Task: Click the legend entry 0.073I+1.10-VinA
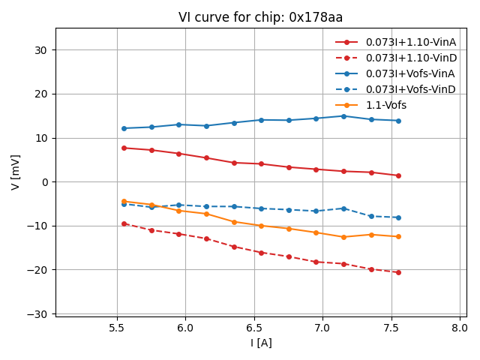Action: tap(411, 42)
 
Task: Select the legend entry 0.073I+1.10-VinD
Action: tap(411, 58)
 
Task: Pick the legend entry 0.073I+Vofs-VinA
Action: tap(410, 73)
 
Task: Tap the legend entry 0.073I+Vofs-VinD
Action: tap(410, 89)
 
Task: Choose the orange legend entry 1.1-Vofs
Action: tap(386, 105)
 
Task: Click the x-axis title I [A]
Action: tap(261, 343)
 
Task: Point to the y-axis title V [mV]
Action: tap(16, 172)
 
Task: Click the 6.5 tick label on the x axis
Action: tap(254, 328)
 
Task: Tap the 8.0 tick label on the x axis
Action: tap(460, 328)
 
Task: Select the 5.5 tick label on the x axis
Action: tap(117, 328)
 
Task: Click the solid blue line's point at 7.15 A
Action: tap(343, 116)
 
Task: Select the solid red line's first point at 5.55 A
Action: tap(124, 148)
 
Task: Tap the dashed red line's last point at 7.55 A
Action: tap(398, 272)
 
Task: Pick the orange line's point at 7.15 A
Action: tap(343, 237)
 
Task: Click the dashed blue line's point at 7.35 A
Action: tap(371, 216)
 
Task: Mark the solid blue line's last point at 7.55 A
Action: tap(398, 121)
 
